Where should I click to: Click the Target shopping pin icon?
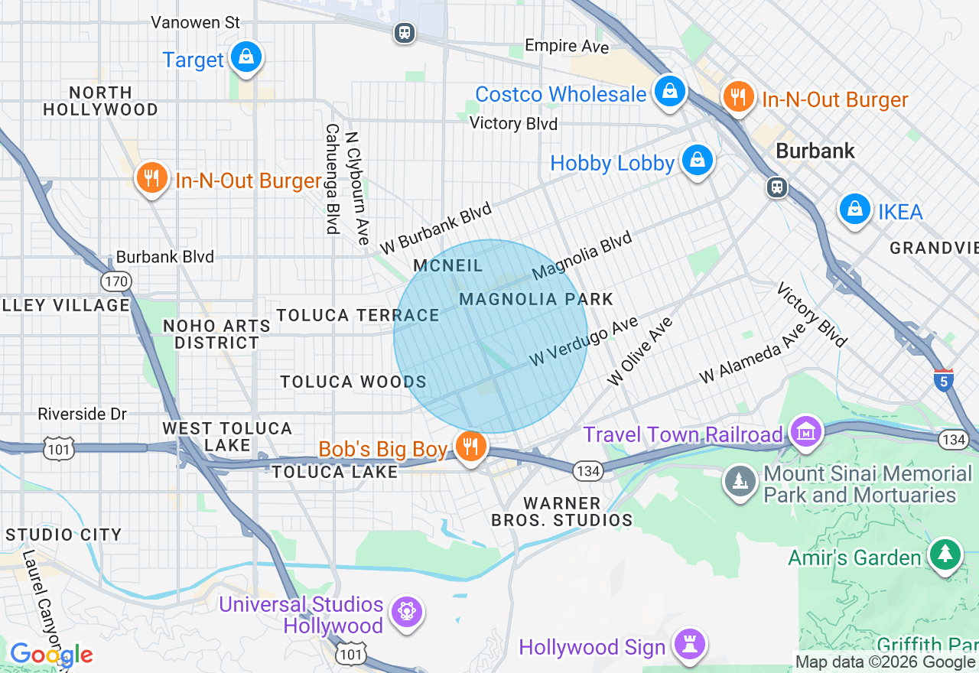246,57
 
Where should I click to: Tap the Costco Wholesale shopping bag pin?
669,92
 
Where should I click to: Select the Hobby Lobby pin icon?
697,161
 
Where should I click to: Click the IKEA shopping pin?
854,209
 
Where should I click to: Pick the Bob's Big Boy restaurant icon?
470,446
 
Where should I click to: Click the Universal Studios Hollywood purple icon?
406,612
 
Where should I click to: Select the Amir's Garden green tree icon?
945,554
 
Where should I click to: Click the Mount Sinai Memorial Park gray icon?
740,482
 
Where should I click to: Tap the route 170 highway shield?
116,281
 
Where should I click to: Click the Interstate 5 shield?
944,380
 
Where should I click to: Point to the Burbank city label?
815,151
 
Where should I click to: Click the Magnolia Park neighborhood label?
536,299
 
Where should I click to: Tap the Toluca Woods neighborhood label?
353,382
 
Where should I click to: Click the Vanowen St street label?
196,23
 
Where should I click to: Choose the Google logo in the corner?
51,655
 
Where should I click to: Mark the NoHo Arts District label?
217,334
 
